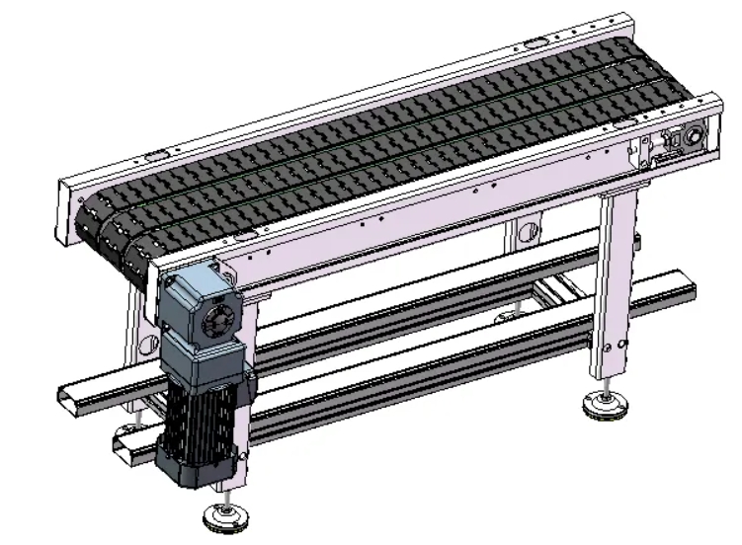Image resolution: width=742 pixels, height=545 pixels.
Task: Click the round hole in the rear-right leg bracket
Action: coord(528,233)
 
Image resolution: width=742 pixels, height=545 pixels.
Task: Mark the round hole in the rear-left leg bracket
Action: coord(149,343)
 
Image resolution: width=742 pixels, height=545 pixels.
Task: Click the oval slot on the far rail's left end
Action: coord(156,156)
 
